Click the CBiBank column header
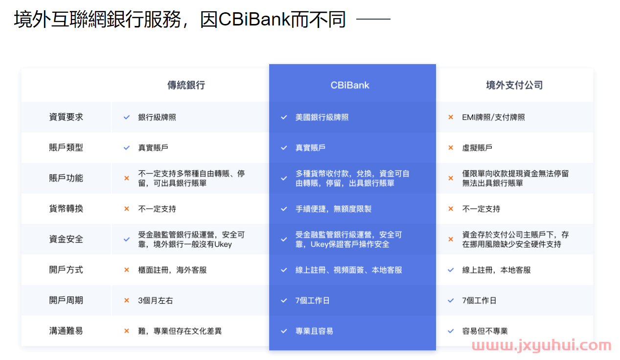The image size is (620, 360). point(350,85)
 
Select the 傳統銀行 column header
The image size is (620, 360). point(186,85)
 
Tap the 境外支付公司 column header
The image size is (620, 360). point(514,85)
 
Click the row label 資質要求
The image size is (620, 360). point(66,117)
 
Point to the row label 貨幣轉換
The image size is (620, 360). point(66,208)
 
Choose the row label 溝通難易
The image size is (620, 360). point(66,331)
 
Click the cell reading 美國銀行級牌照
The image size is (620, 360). point(322,117)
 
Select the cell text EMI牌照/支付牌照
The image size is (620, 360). point(493,117)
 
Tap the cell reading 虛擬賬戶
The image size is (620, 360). point(477,148)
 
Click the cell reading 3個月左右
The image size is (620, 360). point(155,300)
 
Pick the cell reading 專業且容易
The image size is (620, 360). point(314,331)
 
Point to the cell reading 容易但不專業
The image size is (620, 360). point(484,331)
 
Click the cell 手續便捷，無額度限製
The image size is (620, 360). point(333,209)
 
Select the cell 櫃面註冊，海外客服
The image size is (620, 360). point(172,270)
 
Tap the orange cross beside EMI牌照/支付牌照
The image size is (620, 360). point(451,117)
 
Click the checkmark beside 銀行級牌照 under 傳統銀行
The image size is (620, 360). point(126,117)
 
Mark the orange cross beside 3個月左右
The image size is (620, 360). point(126,300)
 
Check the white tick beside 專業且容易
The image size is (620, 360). point(284,331)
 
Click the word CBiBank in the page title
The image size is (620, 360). point(253,19)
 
